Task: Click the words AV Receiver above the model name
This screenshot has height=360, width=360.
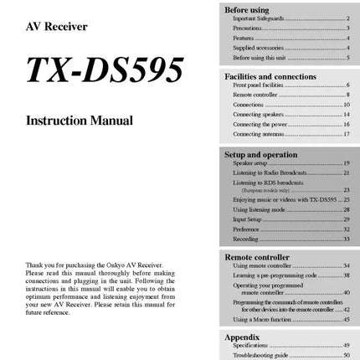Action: pyautogui.click(x=58, y=26)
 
